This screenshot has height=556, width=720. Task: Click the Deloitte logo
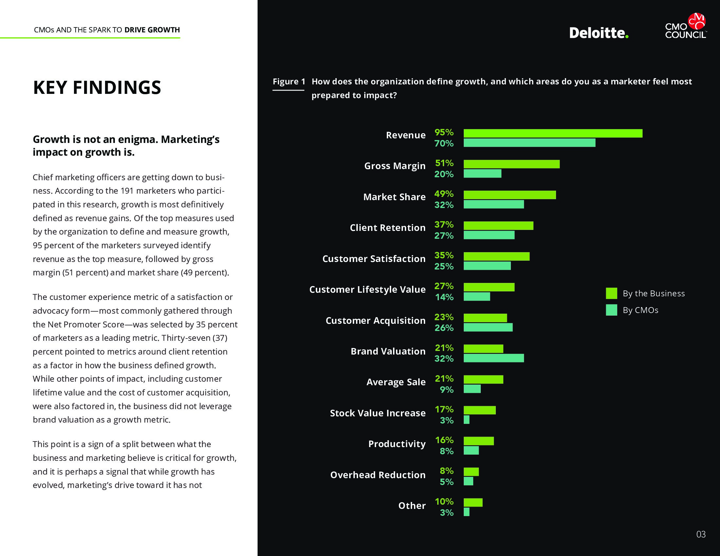coord(598,33)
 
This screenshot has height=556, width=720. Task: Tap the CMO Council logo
coord(686,26)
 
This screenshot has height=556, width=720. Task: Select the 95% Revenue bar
coord(553,133)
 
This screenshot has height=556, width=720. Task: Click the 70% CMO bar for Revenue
coord(530,143)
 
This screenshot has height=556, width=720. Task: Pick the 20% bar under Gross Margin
coord(482,174)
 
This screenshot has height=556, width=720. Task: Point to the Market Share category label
coord(394,197)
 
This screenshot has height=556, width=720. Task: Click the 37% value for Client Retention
coord(444,225)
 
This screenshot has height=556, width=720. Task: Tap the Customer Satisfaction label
coord(374,259)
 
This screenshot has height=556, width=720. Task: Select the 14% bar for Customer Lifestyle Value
coord(477,297)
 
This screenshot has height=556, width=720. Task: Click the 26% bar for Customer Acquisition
coord(488,327)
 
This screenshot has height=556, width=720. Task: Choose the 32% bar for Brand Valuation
coord(494,358)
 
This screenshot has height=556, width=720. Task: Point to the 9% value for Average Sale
coord(446,390)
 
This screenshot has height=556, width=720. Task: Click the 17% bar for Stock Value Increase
coord(479,410)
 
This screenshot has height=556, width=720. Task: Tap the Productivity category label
coord(397,444)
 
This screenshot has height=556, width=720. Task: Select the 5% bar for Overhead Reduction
coord(468,481)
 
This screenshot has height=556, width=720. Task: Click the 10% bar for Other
coord(473,502)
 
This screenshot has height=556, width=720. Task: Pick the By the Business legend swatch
coord(611,293)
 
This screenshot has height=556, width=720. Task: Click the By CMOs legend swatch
coord(611,310)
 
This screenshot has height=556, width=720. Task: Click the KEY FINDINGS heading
coord(97,88)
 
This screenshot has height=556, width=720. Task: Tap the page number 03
coord(701,534)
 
